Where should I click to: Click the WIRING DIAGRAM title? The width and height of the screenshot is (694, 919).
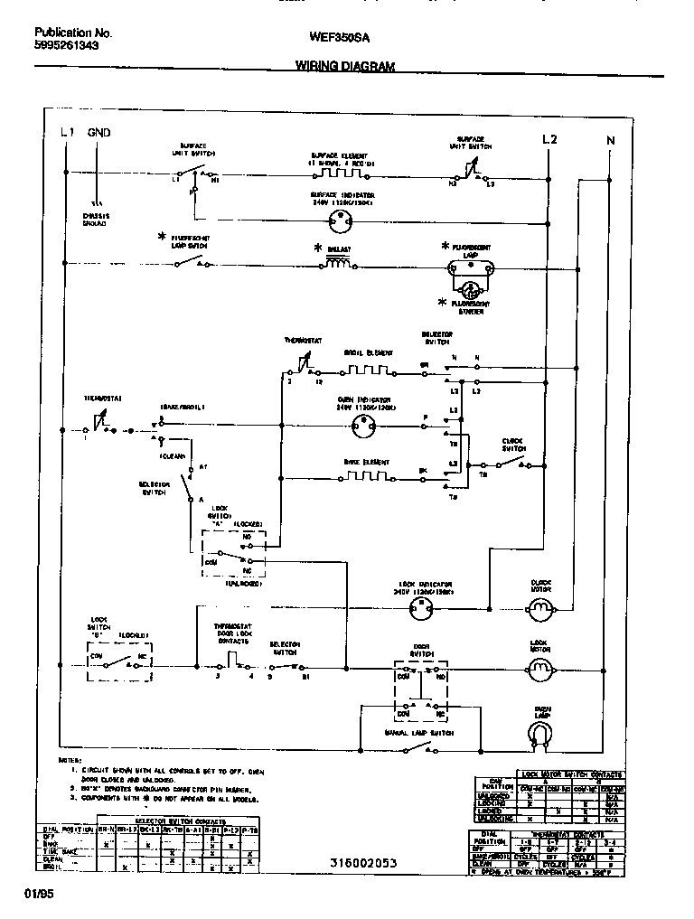click(344, 66)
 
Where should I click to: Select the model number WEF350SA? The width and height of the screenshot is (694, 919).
click(339, 38)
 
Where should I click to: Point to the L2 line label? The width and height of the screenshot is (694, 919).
click(549, 139)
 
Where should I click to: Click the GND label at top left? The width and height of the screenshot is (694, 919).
click(98, 133)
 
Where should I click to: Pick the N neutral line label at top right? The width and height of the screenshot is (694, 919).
click(610, 139)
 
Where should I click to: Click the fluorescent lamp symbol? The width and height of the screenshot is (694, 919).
click(470, 268)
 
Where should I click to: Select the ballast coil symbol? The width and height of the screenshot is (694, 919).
click(338, 264)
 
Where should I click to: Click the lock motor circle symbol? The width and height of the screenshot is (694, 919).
click(540, 670)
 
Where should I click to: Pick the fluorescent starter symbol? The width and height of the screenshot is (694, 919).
click(470, 290)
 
